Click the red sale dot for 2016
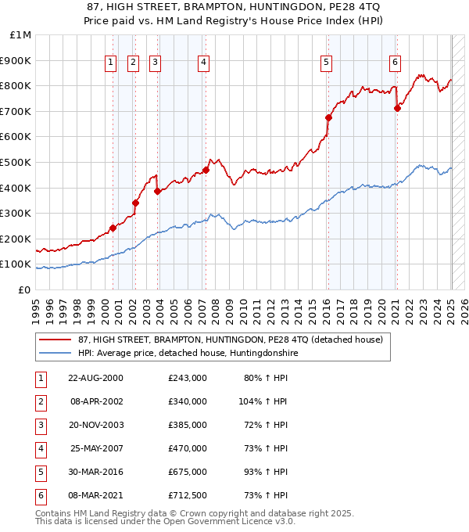click(328, 118)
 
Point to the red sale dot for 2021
click(397, 109)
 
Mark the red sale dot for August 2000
click(113, 228)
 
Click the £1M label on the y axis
click(21, 35)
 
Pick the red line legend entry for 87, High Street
click(230, 340)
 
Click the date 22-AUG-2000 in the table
click(95, 378)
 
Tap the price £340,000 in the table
click(187, 401)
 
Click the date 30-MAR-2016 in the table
click(95, 472)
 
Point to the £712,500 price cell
click(187, 495)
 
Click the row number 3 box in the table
click(39, 425)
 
